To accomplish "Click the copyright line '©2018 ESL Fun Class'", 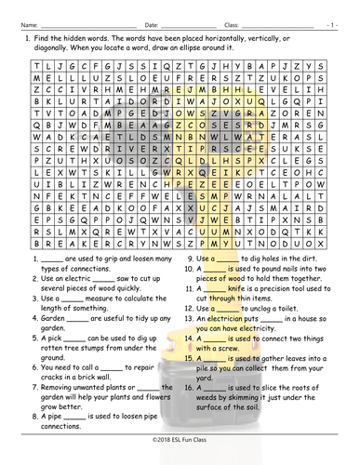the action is coord(180,459).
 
